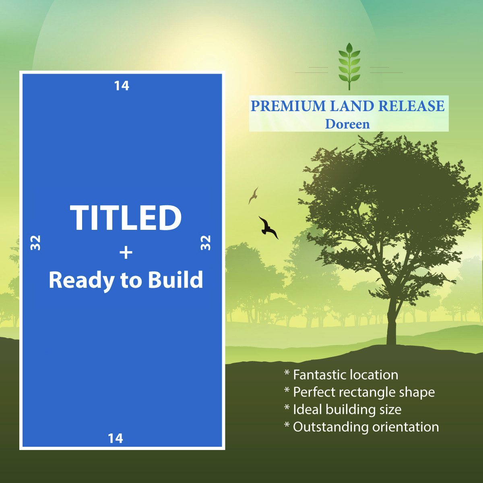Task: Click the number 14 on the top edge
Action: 122,86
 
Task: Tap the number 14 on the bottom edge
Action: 115,438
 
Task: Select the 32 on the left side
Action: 35,243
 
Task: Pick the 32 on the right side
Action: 206,243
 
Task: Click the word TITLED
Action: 126,217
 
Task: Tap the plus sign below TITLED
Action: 126,252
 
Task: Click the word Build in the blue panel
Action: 175,280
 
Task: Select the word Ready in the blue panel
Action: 82,281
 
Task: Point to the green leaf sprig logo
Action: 349,66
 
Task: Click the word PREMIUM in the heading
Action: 288,106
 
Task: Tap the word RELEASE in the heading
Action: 411,106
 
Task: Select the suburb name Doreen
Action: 347,124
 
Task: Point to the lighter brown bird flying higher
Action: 254,196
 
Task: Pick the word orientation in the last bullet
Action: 406,427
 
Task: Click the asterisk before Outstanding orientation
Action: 287,424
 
